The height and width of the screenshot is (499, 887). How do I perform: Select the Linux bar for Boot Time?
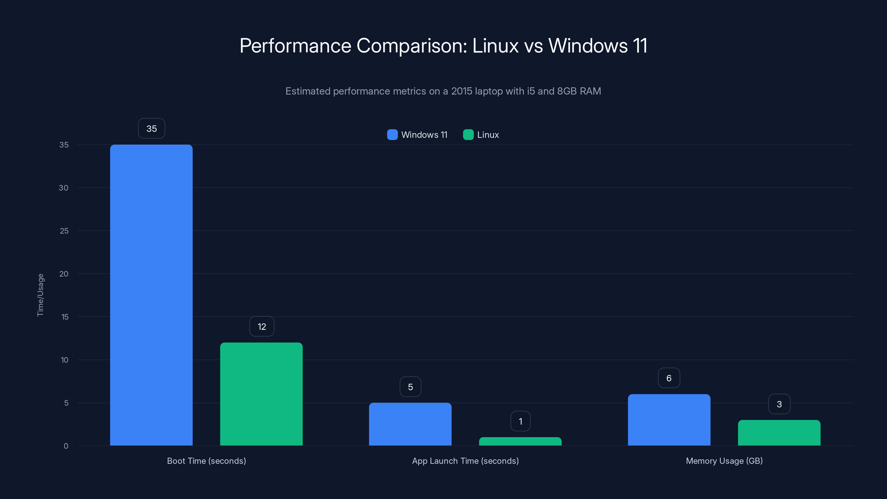[261, 394]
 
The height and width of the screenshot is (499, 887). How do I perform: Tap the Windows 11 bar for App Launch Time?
[410, 424]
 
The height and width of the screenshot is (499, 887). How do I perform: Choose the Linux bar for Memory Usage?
[779, 432]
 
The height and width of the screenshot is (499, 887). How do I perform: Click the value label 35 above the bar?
[152, 128]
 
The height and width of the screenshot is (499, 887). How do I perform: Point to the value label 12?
[262, 327]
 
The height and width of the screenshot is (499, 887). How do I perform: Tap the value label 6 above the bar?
[669, 378]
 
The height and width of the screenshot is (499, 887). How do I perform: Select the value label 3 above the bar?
[779, 404]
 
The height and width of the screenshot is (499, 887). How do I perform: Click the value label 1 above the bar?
[520, 421]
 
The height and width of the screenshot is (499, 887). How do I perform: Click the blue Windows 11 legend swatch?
[392, 135]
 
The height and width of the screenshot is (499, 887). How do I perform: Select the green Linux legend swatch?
[468, 135]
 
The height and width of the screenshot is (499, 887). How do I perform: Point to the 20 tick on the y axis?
[64, 274]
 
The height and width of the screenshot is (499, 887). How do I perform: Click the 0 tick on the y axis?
[66, 446]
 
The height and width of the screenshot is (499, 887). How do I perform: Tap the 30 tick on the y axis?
[64, 188]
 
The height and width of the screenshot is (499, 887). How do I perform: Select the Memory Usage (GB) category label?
[724, 461]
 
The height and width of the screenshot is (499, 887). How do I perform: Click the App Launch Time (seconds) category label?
[465, 461]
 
